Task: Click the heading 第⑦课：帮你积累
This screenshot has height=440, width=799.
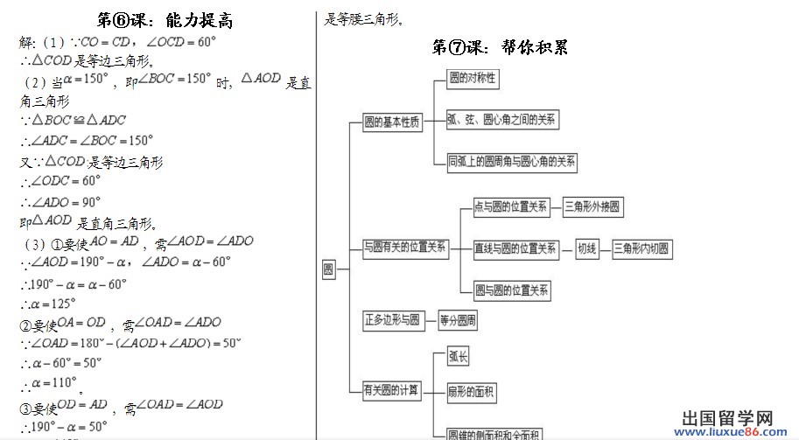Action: tap(501, 47)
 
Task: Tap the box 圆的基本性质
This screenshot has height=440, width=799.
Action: tap(392, 122)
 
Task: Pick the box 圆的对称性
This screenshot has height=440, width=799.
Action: tap(473, 79)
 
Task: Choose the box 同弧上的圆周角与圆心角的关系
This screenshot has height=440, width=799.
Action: tap(512, 161)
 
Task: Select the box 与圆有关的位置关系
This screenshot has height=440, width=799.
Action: tap(405, 248)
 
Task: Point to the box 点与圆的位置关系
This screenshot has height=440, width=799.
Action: tap(510, 207)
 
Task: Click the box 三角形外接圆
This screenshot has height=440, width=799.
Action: tap(592, 207)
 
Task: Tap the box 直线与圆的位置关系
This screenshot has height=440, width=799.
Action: tap(515, 249)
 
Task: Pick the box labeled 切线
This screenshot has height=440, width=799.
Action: tap(586, 249)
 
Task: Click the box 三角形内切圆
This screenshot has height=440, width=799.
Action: tap(641, 249)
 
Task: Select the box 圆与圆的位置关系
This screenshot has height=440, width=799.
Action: tap(511, 290)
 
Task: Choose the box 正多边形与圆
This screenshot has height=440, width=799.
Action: tap(392, 320)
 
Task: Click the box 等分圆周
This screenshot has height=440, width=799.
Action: tap(458, 320)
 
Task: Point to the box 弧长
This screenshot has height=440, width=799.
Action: tap(459, 356)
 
